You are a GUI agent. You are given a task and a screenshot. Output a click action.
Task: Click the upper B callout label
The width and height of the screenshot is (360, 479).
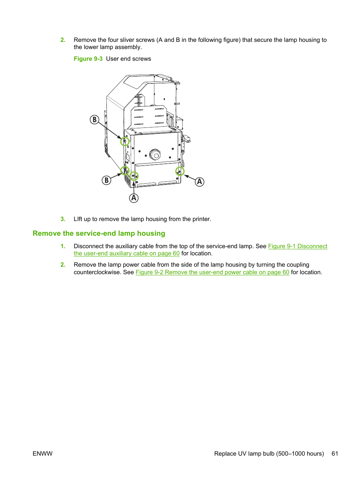(x=94, y=120)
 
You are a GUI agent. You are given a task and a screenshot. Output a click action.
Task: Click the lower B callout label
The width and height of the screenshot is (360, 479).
(x=106, y=180)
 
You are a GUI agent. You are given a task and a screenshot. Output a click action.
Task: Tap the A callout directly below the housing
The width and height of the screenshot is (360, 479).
(x=134, y=198)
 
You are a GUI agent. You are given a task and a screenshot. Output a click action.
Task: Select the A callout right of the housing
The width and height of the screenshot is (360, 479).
(x=200, y=182)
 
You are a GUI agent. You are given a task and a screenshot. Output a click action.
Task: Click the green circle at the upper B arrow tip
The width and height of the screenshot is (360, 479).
(x=125, y=141)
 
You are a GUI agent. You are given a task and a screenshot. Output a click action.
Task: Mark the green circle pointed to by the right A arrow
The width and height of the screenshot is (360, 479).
(x=180, y=172)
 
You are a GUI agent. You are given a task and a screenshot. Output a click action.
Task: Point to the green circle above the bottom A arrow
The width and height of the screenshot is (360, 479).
(x=134, y=176)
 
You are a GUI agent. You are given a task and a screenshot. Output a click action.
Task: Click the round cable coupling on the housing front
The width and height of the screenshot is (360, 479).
(x=155, y=154)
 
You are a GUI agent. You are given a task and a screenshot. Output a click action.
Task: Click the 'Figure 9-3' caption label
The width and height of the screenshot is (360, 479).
(x=88, y=59)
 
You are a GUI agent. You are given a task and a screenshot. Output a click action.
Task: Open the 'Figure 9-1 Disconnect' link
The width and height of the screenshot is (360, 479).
(x=297, y=246)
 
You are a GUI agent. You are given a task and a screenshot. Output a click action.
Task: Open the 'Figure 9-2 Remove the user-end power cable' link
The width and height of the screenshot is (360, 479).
(x=212, y=272)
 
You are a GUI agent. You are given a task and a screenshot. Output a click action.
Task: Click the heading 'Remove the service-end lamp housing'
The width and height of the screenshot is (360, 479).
(x=99, y=233)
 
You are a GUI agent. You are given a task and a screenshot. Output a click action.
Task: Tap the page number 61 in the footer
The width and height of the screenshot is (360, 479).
(x=335, y=454)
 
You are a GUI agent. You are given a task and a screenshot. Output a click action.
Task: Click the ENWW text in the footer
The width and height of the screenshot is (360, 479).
(x=43, y=454)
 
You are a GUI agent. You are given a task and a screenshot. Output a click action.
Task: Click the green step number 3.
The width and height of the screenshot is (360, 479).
(x=63, y=219)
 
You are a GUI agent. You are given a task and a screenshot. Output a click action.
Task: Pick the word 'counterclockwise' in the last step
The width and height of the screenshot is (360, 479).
(x=97, y=272)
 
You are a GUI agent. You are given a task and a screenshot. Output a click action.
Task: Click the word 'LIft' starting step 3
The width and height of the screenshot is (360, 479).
(x=78, y=219)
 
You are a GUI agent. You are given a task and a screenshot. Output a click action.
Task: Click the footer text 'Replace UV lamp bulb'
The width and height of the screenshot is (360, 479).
(x=244, y=454)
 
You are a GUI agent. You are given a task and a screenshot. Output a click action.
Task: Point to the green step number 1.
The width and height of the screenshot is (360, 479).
(x=63, y=246)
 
